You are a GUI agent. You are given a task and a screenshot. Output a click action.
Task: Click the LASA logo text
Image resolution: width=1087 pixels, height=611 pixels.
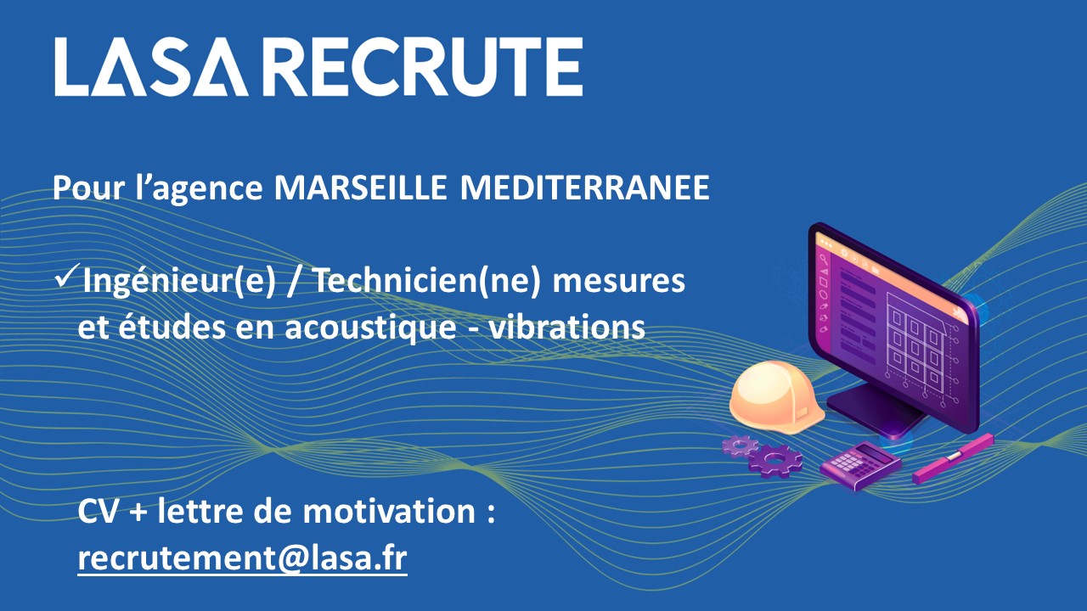coord(151,67)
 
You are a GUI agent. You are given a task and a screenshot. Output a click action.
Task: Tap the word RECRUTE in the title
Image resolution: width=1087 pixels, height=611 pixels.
coord(425,67)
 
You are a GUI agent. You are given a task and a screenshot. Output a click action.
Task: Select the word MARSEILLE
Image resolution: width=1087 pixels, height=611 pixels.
coord(360,188)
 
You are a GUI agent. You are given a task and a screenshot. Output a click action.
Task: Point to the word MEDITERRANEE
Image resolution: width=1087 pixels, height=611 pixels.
coord(585,188)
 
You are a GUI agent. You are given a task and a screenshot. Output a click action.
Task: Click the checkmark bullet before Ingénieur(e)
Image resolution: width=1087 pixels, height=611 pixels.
coord(67,275)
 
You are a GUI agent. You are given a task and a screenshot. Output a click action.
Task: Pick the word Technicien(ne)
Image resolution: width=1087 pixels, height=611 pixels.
coord(427,281)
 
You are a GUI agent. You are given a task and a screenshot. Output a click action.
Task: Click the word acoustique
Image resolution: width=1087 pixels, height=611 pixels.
coord(371,328)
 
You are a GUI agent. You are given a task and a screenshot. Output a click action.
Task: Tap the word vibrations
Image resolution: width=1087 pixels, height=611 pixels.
coord(566,328)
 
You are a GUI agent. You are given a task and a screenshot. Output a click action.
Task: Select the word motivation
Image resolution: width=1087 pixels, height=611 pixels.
coord(389,511)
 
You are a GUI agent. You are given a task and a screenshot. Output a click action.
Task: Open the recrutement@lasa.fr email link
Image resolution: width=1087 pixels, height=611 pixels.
coord(242,558)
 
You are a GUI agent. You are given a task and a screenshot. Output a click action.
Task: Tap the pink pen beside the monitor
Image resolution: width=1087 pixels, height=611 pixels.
coord(953,459)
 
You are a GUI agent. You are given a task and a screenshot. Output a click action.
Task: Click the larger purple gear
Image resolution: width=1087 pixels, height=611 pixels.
coord(775,461)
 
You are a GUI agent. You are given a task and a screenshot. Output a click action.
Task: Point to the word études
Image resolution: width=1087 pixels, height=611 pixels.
coord(172,328)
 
